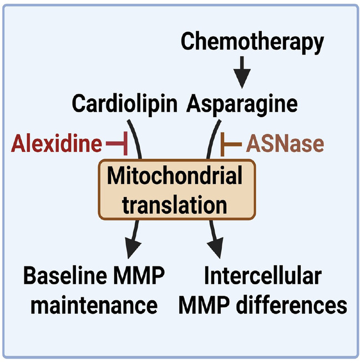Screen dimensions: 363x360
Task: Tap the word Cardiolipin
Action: pyautogui.click(x=125, y=103)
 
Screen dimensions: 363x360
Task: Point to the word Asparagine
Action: pyautogui.click(x=242, y=103)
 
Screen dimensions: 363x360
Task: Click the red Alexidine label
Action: pyautogui.click(x=56, y=144)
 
